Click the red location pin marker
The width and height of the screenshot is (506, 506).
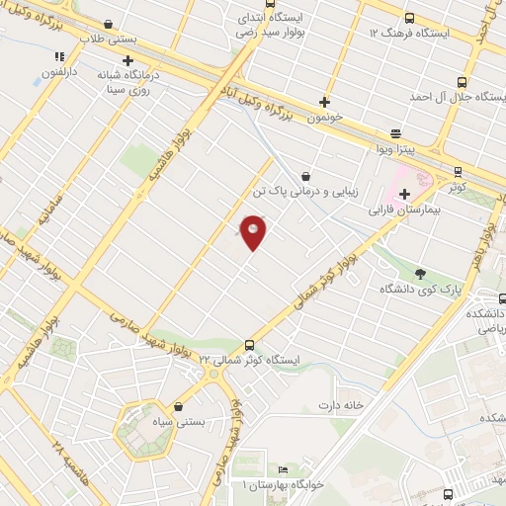point(253,231)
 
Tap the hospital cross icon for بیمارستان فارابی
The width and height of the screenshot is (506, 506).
point(404,194)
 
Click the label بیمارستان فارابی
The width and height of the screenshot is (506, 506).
point(404,211)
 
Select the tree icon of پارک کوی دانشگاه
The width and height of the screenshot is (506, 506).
point(423,273)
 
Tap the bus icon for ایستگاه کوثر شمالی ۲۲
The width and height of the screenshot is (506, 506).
point(248,345)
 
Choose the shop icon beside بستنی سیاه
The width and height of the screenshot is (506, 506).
point(178,406)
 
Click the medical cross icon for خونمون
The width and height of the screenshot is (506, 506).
point(325,101)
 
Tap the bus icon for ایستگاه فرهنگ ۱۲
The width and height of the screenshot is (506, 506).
point(409,17)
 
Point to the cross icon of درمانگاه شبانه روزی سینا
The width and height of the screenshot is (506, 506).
point(127,61)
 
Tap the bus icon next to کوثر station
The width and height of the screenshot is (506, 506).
point(457,172)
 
